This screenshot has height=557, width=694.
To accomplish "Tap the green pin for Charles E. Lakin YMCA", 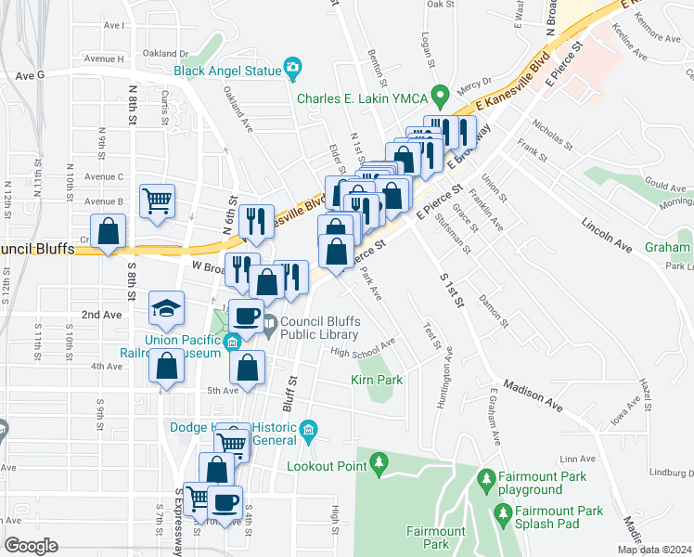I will pos(443,94).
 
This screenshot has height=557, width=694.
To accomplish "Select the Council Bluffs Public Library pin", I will pos(269,323).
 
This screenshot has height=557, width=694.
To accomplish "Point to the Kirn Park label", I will pos(377,380).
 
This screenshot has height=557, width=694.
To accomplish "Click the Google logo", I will pos(31,545).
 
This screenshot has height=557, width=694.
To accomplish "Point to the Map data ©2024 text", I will pos(654,550).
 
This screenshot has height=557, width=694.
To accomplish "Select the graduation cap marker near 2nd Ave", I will pos(166,309).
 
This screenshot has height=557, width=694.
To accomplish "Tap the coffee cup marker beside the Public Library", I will pos(247,316).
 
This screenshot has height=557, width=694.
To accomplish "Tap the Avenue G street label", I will pos(29,75).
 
